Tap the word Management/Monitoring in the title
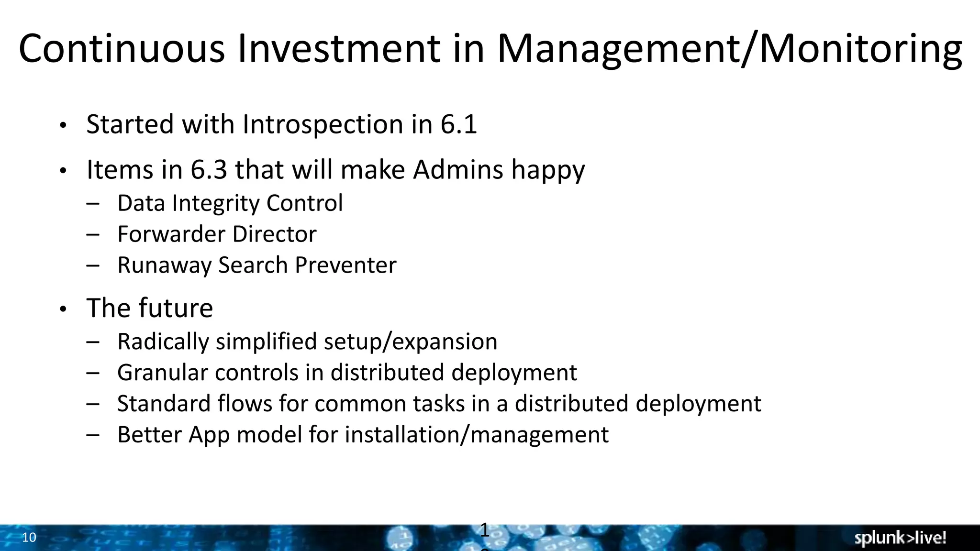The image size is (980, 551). [729, 49]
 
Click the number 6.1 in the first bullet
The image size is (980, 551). [458, 124]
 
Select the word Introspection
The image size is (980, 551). [323, 125]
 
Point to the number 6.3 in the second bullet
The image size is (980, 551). [209, 170]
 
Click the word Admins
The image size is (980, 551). [458, 170]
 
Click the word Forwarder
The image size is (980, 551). [171, 234]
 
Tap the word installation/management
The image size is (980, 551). [477, 435]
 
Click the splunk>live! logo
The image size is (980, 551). [900, 538]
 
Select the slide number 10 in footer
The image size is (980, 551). [29, 538]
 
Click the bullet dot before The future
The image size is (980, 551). [63, 310]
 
